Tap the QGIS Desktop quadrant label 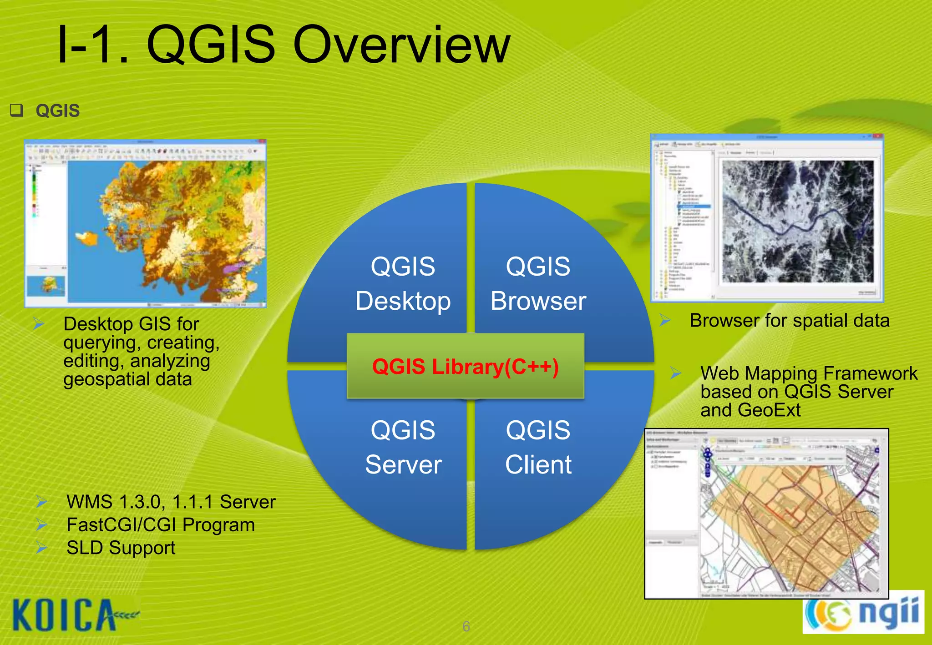[403, 284]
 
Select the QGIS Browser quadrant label [538, 284]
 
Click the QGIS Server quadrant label [403, 448]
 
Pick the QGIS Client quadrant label [538, 448]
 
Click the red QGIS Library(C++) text [465, 367]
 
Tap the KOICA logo [66, 615]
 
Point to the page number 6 [466, 626]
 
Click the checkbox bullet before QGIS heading [17, 111]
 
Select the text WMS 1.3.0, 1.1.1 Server [171, 502]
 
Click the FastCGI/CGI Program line [160, 525]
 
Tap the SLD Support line [121, 548]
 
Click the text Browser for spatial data [789, 321]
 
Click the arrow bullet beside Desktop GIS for [39, 324]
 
